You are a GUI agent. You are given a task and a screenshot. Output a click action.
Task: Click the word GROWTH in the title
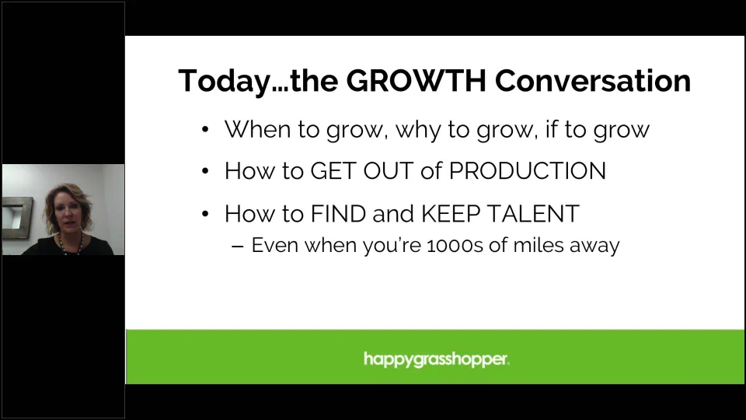click(416, 80)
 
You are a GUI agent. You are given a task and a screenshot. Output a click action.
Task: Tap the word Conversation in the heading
click(593, 80)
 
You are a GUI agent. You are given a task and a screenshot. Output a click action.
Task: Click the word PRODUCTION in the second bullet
click(527, 170)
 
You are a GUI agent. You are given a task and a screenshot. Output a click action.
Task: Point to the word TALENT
click(533, 213)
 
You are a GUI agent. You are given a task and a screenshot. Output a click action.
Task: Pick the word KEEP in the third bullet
click(451, 213)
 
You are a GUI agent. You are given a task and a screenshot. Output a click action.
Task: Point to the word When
click(257, 129)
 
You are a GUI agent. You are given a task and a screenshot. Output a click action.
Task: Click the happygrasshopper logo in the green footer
click(436, 359)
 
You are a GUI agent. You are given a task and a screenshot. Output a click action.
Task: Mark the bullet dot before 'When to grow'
click(205, 129)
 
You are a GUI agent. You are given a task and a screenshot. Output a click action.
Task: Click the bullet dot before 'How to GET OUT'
click(205, 170)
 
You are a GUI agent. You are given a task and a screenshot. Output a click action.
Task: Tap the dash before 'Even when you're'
click(238, 247)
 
